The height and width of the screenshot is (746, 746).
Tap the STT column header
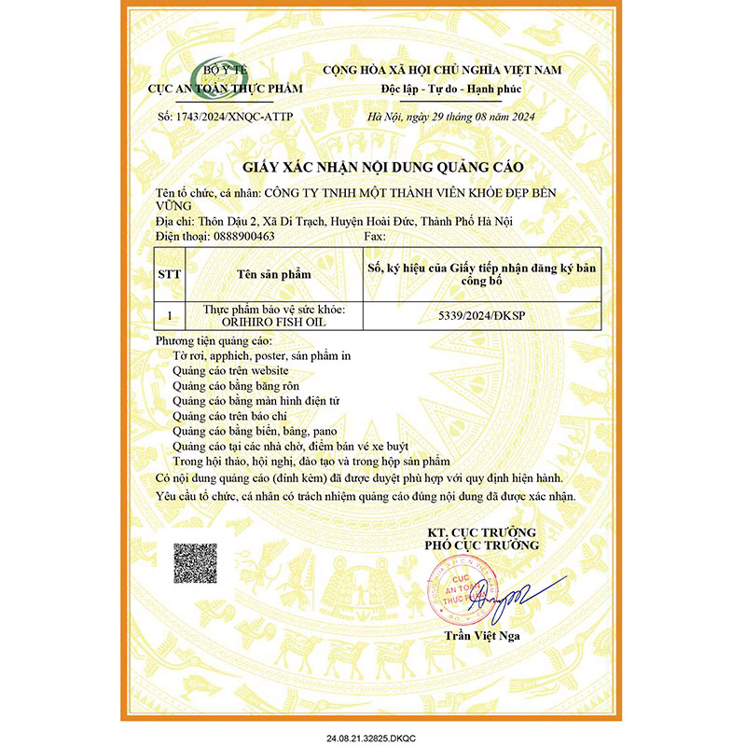click(x=170, y=275)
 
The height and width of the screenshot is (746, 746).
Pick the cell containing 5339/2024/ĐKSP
click(x=481, y=317)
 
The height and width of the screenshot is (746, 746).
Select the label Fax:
click(x=370, y=237)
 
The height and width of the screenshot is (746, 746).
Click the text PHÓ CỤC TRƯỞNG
click(x=481, y=544)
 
